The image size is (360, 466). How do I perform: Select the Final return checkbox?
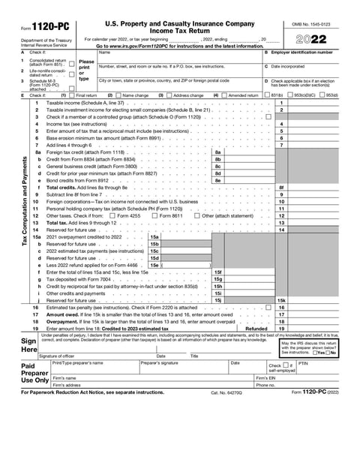[73, 95]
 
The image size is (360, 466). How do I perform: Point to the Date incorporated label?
[289, 67]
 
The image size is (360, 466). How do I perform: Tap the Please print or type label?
[86, 70]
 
